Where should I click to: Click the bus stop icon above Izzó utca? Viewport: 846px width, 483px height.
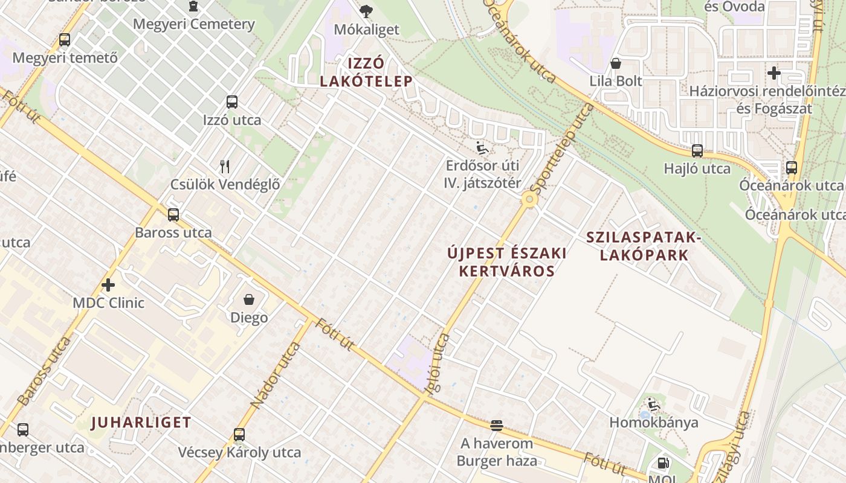point(232,102)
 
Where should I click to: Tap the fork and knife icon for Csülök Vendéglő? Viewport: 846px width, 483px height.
point(225,166)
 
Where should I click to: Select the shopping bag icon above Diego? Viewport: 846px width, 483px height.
point(248,299)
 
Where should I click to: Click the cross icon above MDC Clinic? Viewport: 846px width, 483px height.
point(108,284)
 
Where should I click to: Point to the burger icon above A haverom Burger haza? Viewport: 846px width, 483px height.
point(497,426)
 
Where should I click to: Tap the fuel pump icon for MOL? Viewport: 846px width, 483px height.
point(663,463)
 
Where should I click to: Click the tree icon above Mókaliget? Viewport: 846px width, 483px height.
point(366,11)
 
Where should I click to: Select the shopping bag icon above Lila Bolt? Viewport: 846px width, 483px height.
point(616,63)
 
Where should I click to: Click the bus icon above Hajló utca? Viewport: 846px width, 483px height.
point(697,151)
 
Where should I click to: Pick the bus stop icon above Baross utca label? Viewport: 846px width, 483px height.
point(173,214)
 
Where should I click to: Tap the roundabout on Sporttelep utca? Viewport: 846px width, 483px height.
point(530,199)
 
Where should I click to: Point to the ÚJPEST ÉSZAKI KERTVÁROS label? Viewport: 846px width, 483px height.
point(507,261)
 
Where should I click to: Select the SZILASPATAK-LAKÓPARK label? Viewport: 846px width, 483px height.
point(644,246)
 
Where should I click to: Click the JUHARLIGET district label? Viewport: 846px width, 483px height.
point(141,422)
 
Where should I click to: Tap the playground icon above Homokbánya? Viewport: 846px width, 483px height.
point(653,404)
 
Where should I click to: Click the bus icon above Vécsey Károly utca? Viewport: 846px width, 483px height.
point(239,434)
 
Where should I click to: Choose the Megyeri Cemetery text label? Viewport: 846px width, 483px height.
point(193,24)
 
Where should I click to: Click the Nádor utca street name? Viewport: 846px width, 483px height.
point(276,375)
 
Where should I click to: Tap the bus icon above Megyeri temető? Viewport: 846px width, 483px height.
point(65,40)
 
